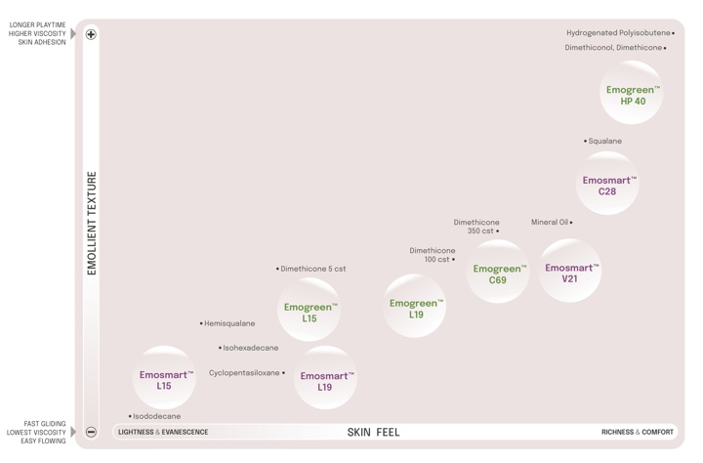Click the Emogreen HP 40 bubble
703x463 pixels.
click(632, 94)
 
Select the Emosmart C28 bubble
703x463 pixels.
click(607, 185)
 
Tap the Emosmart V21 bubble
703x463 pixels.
click(570, 273)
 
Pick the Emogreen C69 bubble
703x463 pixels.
click(498, 274)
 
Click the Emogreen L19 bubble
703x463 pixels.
click(415, 308)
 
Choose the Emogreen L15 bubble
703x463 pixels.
click(310, 312)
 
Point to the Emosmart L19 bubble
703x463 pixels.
click(326, 380)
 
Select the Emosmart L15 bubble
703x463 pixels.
click(165, 379)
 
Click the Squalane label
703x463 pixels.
click(604, 142)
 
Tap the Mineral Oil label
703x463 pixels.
click(550, 223)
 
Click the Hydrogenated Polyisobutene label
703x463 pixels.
click(618, 33)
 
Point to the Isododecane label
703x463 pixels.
click(156, 417)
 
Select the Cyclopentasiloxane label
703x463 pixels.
click(244, 373)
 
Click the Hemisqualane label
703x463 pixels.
click(229, 323)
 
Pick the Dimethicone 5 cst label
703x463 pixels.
click(312, 270)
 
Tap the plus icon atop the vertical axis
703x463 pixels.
click(91, 35)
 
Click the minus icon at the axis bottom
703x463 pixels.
click(91, 432)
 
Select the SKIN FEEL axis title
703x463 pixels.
click(373, 433)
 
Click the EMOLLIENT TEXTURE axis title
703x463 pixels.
click(92, 224)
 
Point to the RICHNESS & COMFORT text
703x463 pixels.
click(637, 433)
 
